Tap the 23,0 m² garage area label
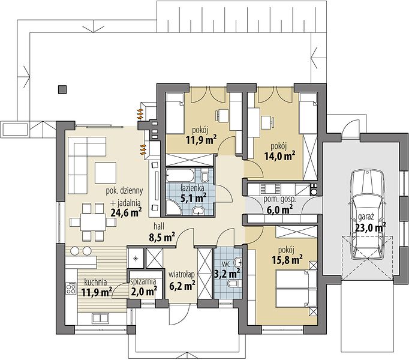point(371,227)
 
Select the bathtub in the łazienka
point(180,175)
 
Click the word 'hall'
point(159,226)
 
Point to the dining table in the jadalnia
point(93,222)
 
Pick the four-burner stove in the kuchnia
point(71,289)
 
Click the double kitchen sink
point(100,318)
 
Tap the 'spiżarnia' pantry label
point(143,281)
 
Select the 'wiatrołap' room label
point(182,275)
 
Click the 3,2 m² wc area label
point(227,274)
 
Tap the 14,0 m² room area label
point(279,156)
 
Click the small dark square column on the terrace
point(62,89)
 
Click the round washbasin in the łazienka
point(199,211)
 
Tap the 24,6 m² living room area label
point(127,212)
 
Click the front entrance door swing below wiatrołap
point(179,315)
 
